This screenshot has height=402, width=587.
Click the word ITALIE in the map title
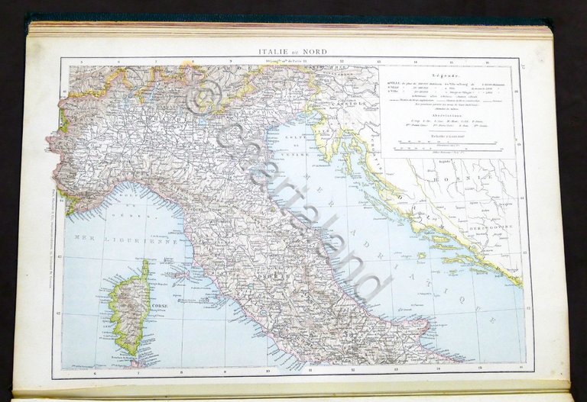tap(276, 52)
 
